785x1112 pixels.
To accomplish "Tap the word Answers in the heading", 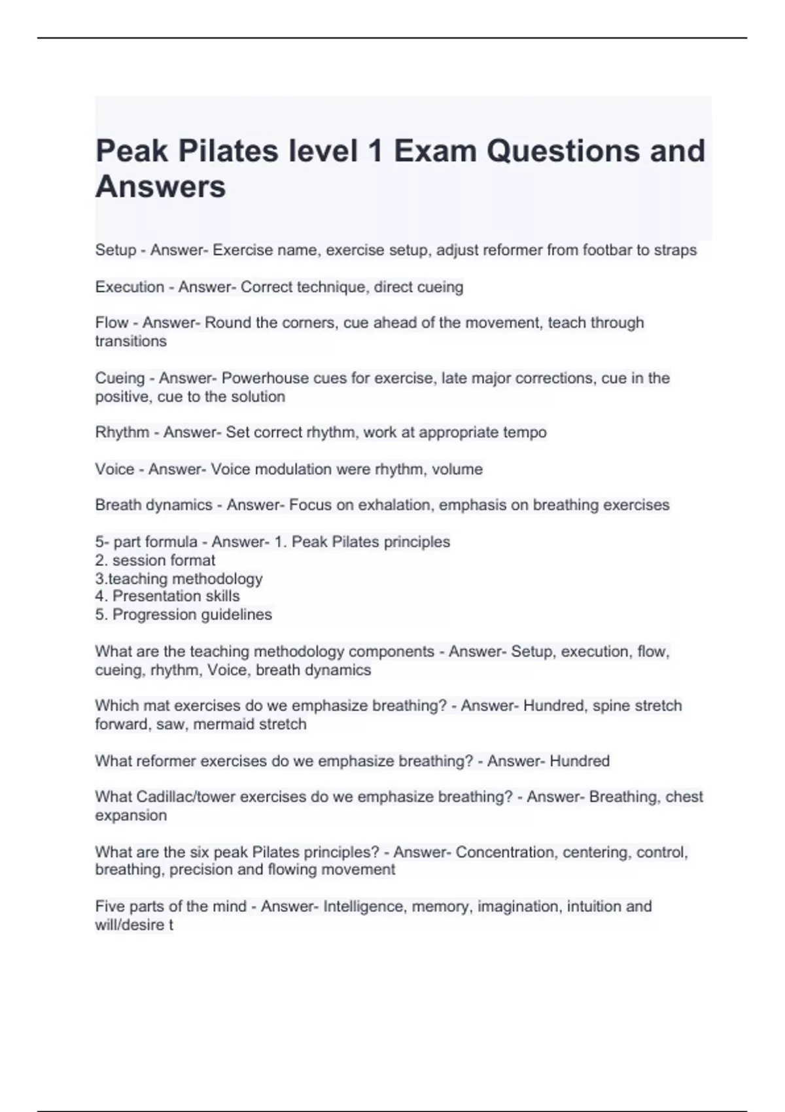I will (x=160, y=186).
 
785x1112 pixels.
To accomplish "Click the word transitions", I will (x=131, y=341).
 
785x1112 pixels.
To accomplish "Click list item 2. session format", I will (x=155, y=560).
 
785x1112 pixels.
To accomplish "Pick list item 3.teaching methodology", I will (x=179, y=578).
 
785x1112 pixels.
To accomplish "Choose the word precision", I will (x=201, y=869).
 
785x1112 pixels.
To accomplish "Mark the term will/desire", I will (x=130, y=925).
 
